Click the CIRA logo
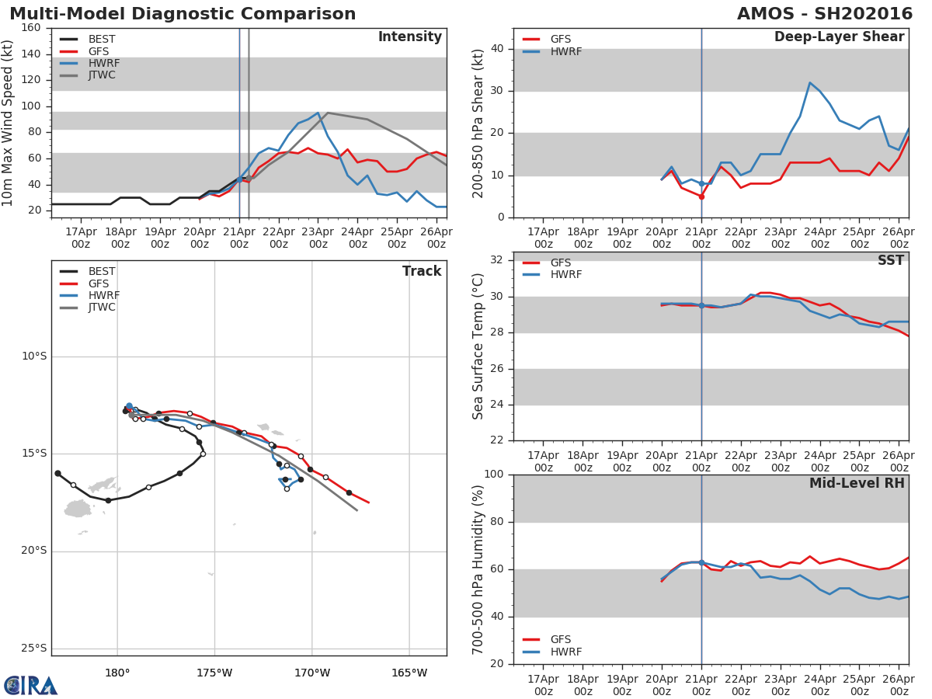click(x=30, y=686)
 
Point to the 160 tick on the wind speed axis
click(x=31, y=28)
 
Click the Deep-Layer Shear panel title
click(x=839, y=37)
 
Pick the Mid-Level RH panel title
click(x=857, y=483)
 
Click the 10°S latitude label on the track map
click(x=34, y=356)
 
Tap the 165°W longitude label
click(x=409, y=673)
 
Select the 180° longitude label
click(x=117, y=673)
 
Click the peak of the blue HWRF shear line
click(x=810, y=83)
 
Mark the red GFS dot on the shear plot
click(x=702, y=197)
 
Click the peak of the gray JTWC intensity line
click(x=328, y=113)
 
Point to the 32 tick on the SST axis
click(x=497, y=260)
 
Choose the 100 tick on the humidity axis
click(x=494, y=474)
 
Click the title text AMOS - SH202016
click(x=825, y=14)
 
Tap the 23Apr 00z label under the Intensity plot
click(x=318, y=238)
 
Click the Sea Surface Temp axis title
click(x=478, y=346)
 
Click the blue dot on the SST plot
click(x=701, y=305)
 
